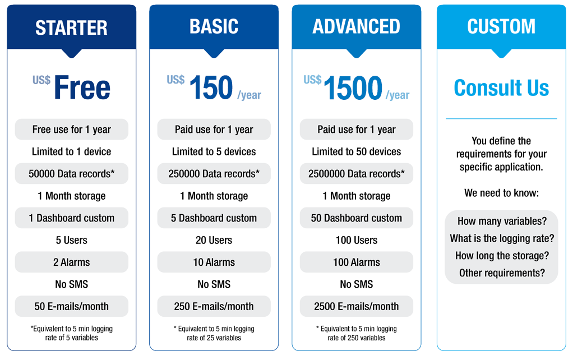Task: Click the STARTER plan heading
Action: [71, 28]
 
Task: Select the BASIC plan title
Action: [214, 27]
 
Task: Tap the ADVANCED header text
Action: [356, 27]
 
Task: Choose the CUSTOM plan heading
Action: [501, 27]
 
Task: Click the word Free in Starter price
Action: [82, 87]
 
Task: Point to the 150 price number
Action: [211, 87]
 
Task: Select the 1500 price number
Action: [353, 87]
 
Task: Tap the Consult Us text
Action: [501, 87]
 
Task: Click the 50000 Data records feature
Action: [72, 174]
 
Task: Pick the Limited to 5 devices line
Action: [214, 151]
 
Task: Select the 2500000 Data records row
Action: [356, 174]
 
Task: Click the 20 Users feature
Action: [214, 240]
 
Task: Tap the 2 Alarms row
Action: [72, 262]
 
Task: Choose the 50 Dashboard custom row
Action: [356, 218]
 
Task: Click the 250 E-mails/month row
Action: [214, 306]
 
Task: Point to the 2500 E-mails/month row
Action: [356, 306]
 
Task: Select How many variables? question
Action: [502, 221]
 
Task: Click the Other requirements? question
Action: [502, 273]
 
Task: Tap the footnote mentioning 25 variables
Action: [214, 333]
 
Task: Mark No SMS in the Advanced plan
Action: [356, 284]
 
